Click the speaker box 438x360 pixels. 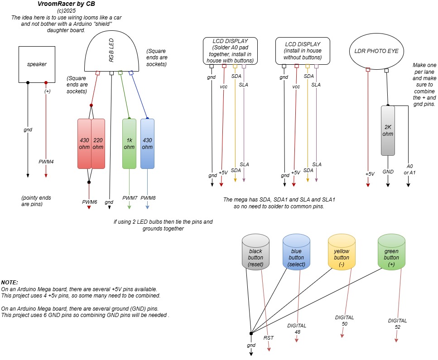coord(37,64)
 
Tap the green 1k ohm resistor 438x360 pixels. coord(129,144)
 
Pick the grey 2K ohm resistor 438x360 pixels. coord(388,130)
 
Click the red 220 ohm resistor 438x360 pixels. coord(98,144)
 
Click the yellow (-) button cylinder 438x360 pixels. coord(342,254)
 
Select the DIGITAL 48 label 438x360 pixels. coord(297,329)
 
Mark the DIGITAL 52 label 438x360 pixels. coord(397,323)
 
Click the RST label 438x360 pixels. coord(269,337)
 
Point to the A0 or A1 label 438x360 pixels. coord(411,169)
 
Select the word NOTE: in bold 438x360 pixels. coord(9,282)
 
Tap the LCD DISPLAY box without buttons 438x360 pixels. coord(303,51)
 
